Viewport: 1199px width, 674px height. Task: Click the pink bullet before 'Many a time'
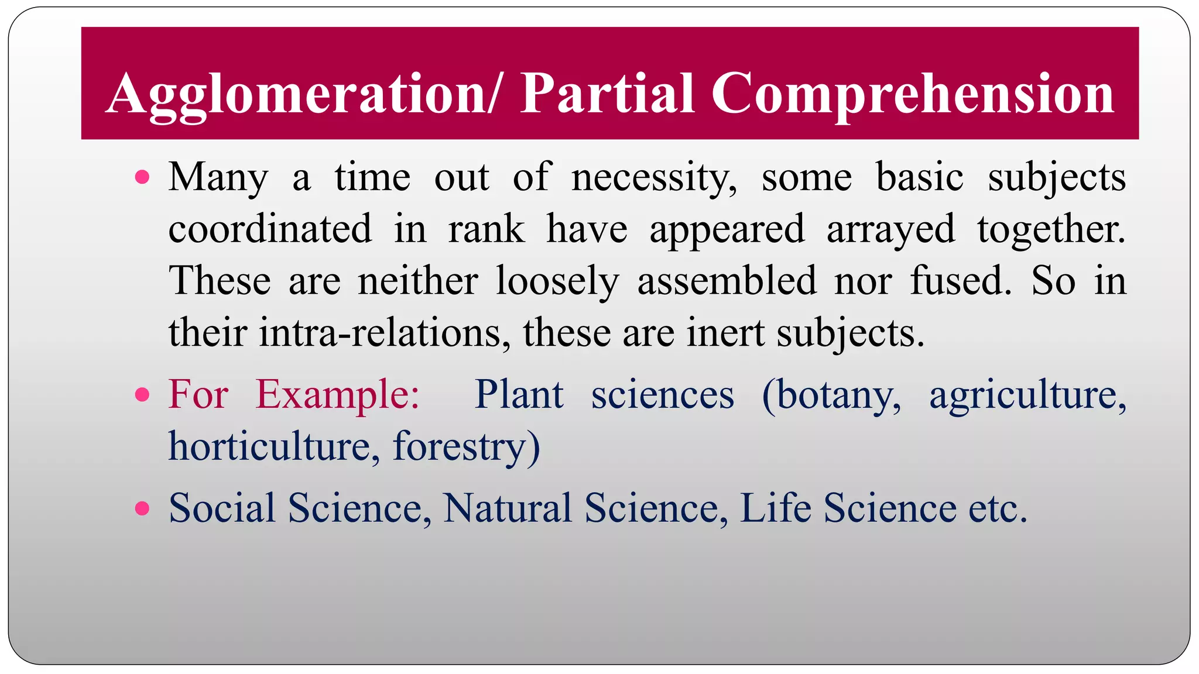tap(142, 177)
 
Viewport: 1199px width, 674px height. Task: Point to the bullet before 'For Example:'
tap(142, 395)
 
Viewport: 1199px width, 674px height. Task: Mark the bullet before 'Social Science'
tap(142, 508)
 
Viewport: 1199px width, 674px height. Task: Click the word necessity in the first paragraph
tap(653, 178)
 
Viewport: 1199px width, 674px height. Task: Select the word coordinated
tap(270, 229)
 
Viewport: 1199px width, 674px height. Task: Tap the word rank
tap(486, 229)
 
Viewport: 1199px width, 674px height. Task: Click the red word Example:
tap(338, 395)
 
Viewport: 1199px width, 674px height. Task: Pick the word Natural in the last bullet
tap(507, 508)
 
